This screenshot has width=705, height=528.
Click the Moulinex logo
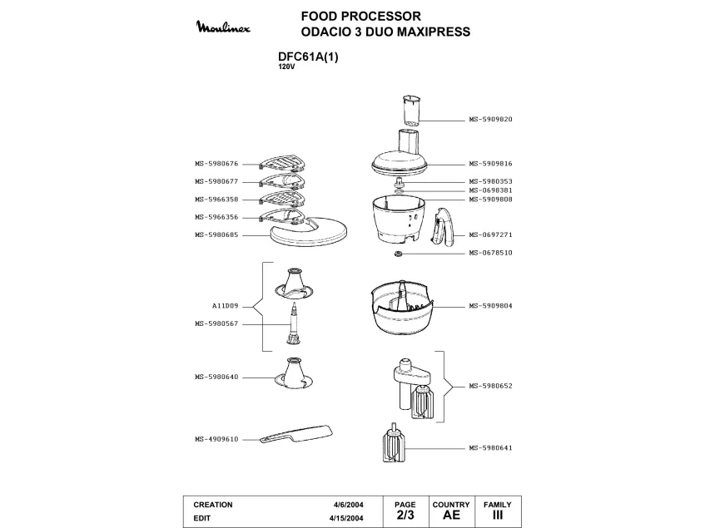point(223,27)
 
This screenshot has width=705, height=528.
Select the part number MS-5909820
point(490,120)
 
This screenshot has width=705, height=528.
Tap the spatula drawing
point(297,434)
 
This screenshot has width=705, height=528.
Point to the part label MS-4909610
point(216,440)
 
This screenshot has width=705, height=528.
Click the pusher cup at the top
point(411,110)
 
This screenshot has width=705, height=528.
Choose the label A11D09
point(226,306)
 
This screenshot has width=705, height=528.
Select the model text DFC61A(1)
point(308,57)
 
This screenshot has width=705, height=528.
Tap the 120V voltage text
point(286,67)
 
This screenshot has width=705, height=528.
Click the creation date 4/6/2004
point(349,505)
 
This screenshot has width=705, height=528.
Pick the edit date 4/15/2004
point(346,518)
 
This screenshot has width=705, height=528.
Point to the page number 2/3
point(405,515)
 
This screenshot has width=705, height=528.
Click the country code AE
point(451,515)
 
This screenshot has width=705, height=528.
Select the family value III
point(497,515)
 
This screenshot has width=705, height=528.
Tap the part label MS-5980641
point(490,448)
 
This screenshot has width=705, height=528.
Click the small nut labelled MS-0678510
point(398,254)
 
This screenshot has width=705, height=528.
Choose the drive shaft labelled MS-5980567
point(293,323)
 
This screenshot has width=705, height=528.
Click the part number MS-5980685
point(216,234)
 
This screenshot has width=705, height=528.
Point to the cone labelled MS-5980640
point(294,373)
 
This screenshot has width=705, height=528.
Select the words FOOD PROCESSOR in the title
point(361,16)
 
